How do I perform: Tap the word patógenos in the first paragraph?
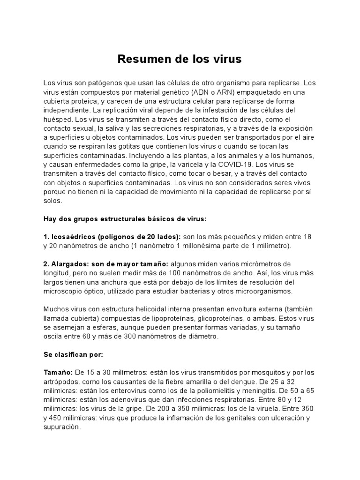tap(96, 83)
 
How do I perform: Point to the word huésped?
tap(57, 119)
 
